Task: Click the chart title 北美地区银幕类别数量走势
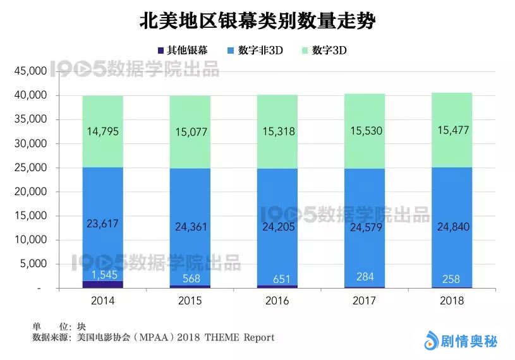tap(257, 21)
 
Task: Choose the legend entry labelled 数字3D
tap(325, 51)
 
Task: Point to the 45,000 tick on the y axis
tap(30, 71)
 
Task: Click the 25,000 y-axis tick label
tap(30, 167)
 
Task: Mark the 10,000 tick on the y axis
tap(30, 240)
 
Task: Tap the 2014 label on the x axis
tap(102, 301)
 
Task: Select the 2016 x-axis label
tap(277, 301)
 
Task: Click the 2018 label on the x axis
tap(451, 301)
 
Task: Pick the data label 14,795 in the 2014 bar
tap(102, 132)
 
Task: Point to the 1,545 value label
tap(102, 275)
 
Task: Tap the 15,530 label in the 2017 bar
tap(363, 132)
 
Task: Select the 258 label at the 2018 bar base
tap(451, 279)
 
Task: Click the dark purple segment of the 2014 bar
tap(102, 284)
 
